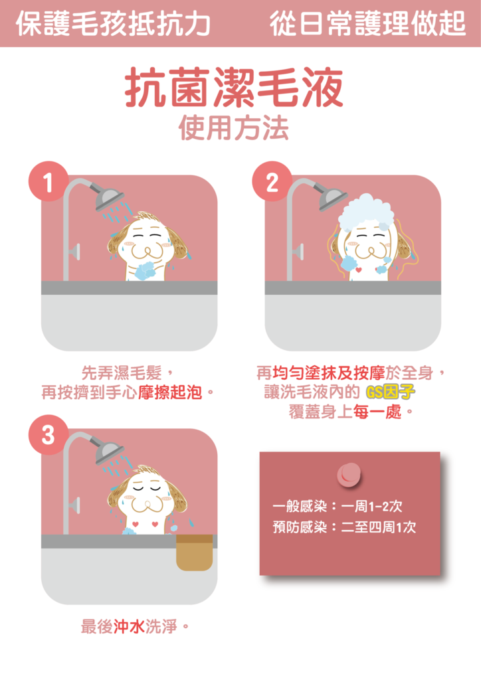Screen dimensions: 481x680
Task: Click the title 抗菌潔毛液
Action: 234,87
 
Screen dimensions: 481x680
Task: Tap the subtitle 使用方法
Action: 234,128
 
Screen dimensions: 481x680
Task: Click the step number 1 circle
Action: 48,182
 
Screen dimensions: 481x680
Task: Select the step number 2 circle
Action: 272,182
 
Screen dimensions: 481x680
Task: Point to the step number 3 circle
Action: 48,435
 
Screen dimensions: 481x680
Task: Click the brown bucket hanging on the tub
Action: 194,552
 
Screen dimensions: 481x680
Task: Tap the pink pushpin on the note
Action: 349,474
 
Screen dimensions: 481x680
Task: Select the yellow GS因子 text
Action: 391,392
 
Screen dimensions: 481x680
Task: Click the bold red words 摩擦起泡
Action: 170,392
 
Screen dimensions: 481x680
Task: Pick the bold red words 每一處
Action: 377,412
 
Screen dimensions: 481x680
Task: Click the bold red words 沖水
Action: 129,626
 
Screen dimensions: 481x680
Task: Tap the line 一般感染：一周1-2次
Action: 337,506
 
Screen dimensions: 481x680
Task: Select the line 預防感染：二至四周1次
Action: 344,527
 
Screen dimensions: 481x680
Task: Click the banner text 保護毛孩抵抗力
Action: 113,23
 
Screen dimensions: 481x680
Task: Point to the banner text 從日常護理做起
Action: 368,23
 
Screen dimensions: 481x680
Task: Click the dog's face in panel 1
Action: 147,244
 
